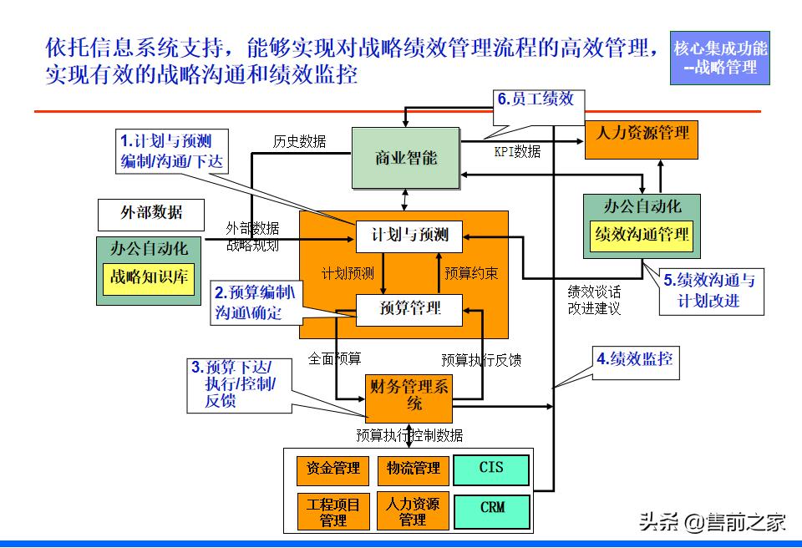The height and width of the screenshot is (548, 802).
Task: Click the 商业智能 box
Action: (406, 158)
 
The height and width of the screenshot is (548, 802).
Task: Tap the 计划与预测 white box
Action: (409, 235)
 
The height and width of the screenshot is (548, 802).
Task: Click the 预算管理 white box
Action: (409, 309)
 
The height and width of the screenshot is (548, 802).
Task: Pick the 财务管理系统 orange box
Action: (409, 397)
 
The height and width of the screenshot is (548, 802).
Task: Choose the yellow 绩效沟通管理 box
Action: (642, 235)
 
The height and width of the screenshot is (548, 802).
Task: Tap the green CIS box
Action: (491, 469)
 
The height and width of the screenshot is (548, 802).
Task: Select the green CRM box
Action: (491, 508)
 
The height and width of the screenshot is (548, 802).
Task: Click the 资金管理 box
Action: (333, 469)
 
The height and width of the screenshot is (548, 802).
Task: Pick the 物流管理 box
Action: (413, 469)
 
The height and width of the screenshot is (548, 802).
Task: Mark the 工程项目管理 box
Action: (333, 511)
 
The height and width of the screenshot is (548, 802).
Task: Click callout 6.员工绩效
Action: (536, 100)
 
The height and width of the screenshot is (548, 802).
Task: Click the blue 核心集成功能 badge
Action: (720, 58)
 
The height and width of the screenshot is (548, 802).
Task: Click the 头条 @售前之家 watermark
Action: (712, 523)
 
